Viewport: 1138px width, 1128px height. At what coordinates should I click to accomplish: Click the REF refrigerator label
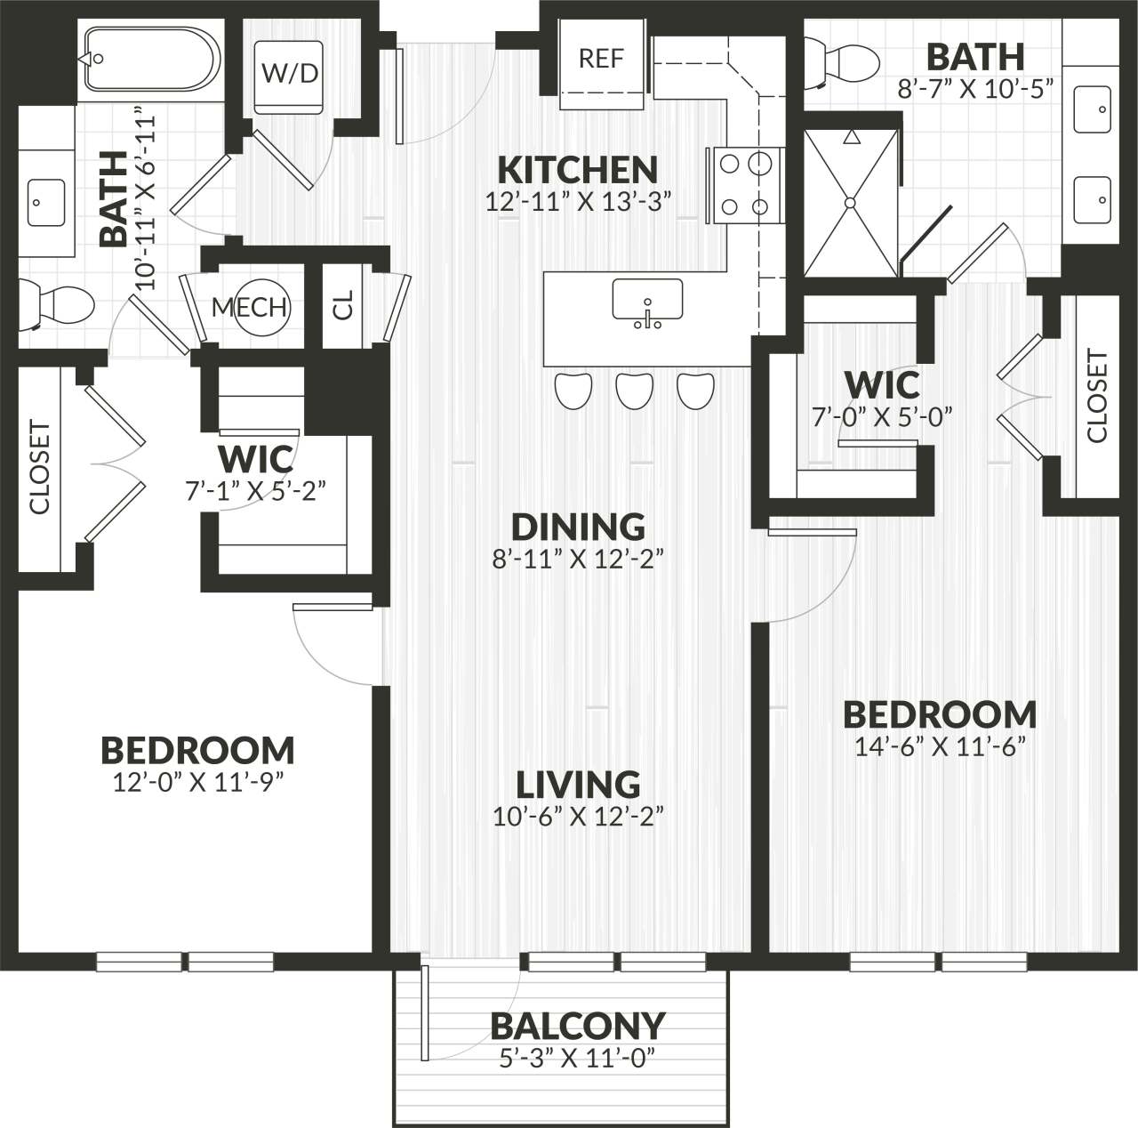tap(601, 59)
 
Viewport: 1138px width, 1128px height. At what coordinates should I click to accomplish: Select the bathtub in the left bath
tap(151, 59)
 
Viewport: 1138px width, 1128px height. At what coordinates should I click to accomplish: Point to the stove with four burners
tap(744, 185)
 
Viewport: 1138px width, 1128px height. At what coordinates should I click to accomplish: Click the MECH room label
tap(249, 307)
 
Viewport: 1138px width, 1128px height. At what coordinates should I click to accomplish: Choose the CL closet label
tap(343, 305)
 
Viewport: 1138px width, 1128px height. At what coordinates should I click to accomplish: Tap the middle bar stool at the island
tap(635, 391)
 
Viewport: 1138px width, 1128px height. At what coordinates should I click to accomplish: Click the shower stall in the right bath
tap(851, 203)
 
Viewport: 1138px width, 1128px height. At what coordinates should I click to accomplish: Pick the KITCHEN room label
tap(577, 169)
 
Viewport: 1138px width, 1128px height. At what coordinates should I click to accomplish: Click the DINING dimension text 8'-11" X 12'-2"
tap(578, 560)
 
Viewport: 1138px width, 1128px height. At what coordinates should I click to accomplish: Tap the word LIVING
tap(578, 785)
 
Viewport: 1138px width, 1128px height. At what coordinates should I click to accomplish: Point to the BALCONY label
tap(578, 1026)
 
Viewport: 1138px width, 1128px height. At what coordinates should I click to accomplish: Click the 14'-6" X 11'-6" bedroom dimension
tap(940, 746)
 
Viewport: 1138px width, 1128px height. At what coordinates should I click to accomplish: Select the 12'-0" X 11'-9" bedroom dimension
tap(197, 782)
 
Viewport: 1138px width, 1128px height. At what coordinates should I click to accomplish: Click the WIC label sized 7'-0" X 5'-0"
tap(882, 385)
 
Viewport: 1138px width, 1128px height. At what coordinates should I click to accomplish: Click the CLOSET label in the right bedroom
tap(1097, 397)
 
